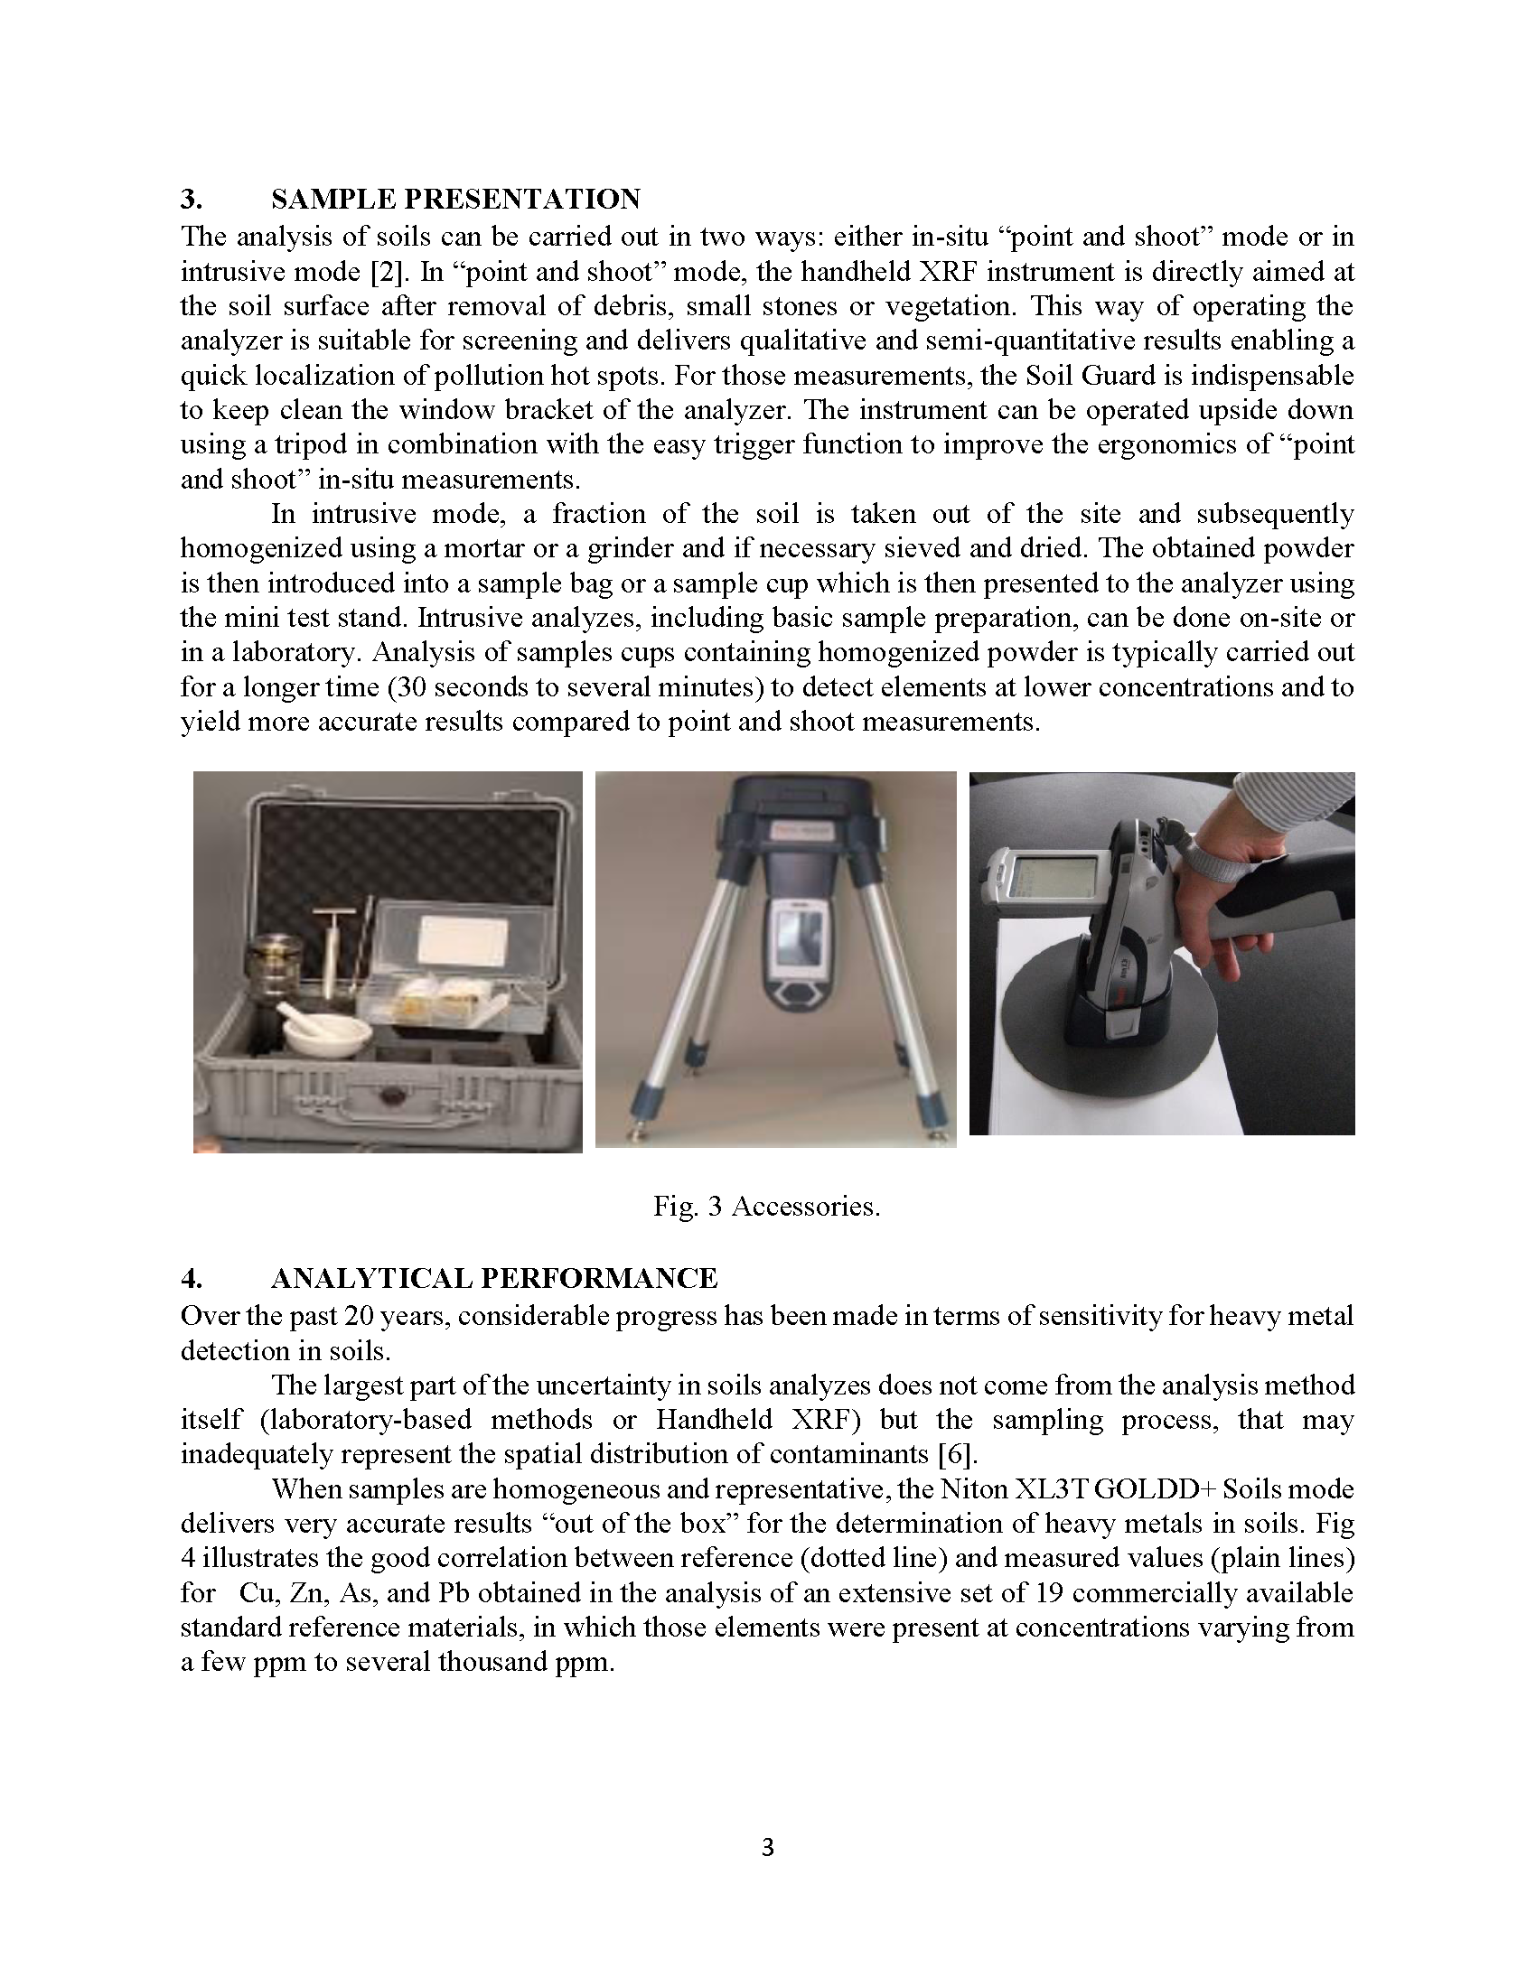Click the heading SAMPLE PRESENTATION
click(x=455, y=200)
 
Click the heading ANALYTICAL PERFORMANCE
click(x=494, y=1278)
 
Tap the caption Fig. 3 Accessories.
click(x=766, y=1207)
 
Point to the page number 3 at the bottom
click(x=767, y=1847)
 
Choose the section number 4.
click(x=191, y=1278)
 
